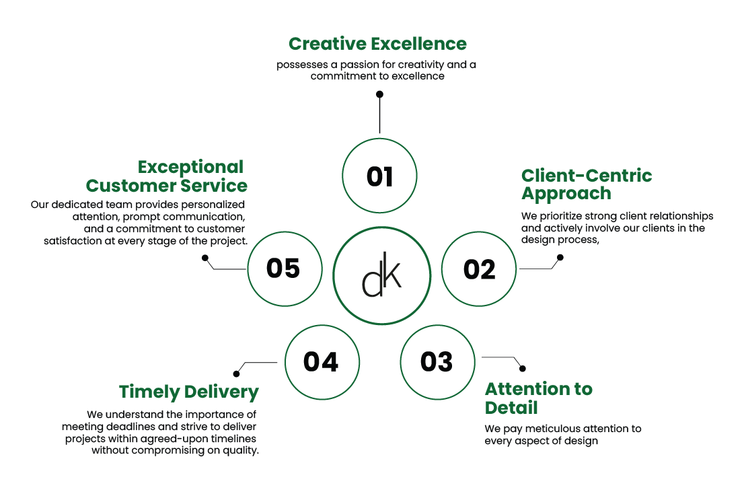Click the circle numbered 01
click(x=379, y=176)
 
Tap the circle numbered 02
click(x=478, y=269)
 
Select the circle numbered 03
click(x=437, y=361)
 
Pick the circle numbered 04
click(x=320, y=361)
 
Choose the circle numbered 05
click(x=283, y=268)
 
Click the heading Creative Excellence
click(x=377, y=44)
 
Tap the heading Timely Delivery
click(x=189, y=392)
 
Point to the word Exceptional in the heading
click(x=190, y=167)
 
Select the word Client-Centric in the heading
click(x=587, y=176)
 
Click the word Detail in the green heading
click(x=511, y=408)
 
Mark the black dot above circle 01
click(x=379, y=94)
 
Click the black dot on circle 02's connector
click(x=561, y=256)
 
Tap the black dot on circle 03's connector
click(x=523, y=369)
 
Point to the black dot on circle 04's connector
click(x=236, y=373)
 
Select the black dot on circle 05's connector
click(x=205, y=256)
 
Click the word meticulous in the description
click(x=543, y=429)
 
